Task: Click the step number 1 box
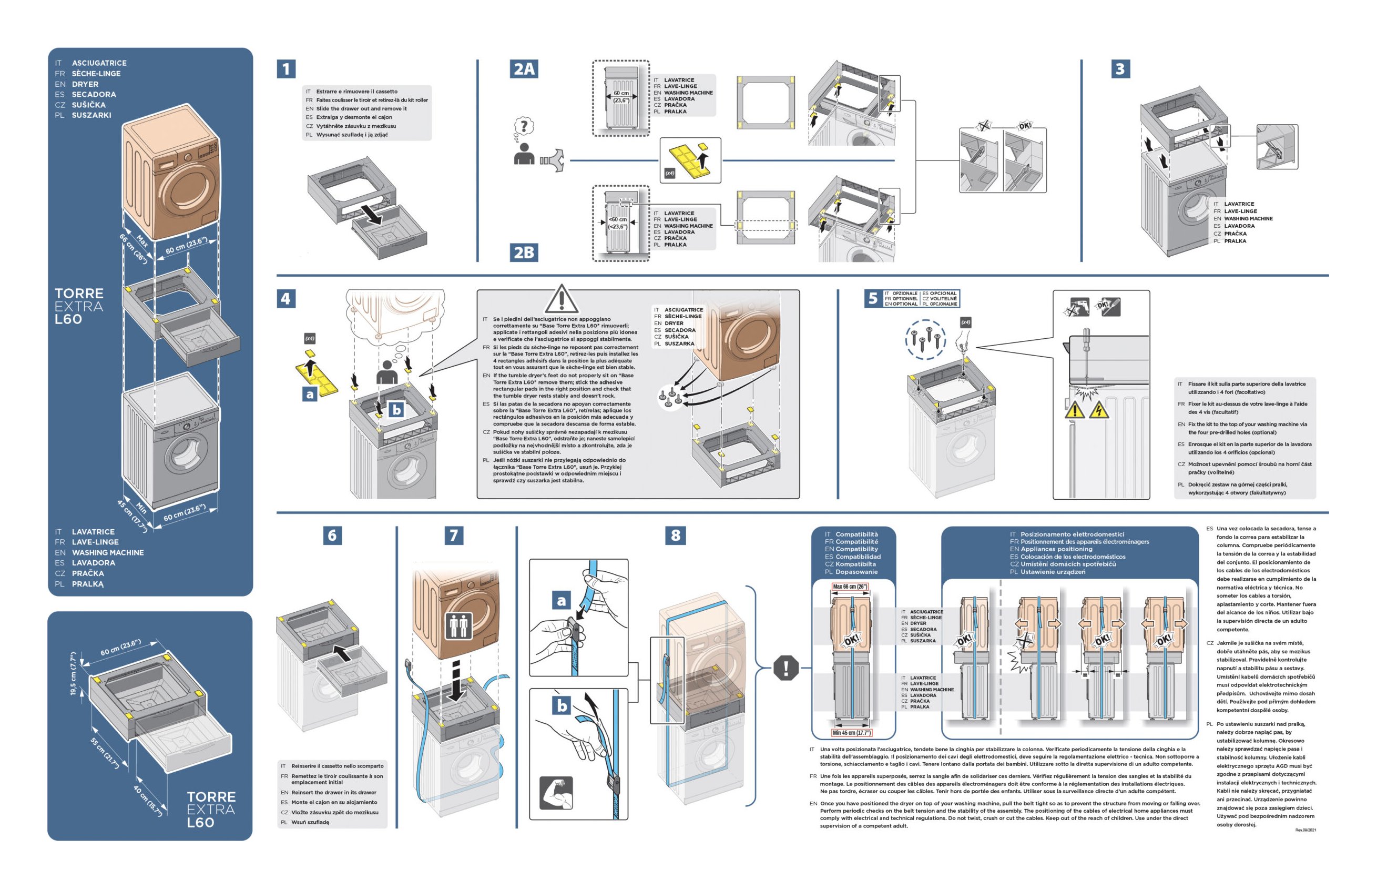tap(286, 69)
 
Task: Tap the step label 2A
tap(524, 69)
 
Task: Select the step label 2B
tap(524, 252)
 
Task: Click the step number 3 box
tap(1120, 69)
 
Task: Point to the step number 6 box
tap(332, 535)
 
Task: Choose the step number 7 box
tap(453, 535)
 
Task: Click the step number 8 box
tap(676, 535)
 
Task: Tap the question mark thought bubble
tap(523, 126)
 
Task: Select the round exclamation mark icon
tap(785, 668)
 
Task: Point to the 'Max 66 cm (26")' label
tap(850, 587)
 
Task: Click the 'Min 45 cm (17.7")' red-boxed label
tap(851, 733)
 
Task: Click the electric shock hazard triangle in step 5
tap(1099, 410)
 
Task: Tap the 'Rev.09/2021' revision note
tap(1305, 830)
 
